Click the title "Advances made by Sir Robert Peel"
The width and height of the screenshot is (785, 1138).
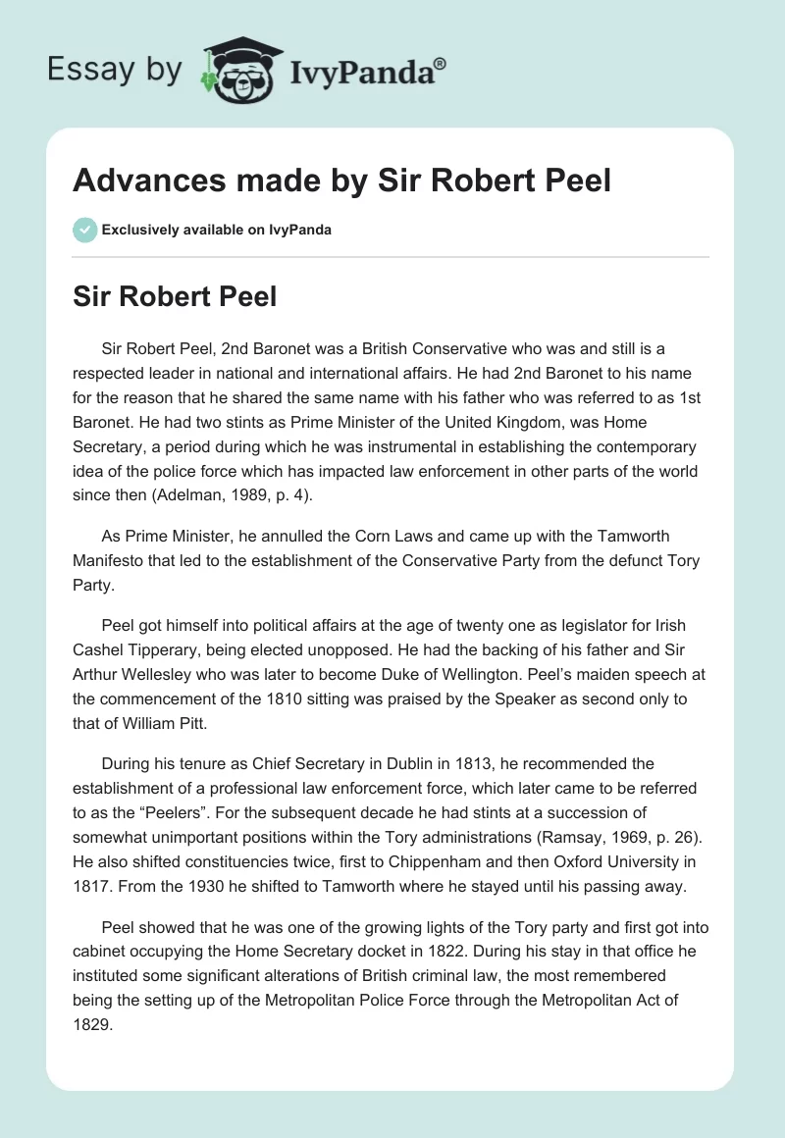click(341, 181)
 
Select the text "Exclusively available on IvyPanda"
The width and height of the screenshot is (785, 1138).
click(216, 230)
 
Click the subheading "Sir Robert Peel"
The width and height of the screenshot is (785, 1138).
click(175, 297)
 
